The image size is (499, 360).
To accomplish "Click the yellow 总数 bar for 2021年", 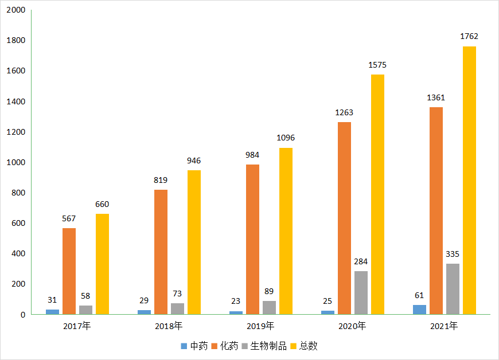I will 469,180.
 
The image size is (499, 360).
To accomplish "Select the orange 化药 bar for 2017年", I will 69,271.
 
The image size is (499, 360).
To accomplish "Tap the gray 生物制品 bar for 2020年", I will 361,292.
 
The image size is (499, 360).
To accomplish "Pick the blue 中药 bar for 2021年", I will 419,310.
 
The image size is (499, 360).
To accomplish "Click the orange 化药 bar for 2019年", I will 252,239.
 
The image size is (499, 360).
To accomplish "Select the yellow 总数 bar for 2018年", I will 194,242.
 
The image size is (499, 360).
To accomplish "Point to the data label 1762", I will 469,37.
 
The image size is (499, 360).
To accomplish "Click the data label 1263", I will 344,112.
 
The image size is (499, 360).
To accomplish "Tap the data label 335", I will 453,254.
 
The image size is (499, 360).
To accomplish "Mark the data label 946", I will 194,161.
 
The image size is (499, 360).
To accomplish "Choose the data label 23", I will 236,301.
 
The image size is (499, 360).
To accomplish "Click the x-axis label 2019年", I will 260,326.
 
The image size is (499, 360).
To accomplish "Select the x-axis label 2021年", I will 444,326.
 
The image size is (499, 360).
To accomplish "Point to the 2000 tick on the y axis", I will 15,10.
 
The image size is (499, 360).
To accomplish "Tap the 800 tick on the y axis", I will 18,193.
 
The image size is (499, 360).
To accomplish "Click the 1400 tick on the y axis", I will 15,101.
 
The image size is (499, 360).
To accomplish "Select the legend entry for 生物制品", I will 269,346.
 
